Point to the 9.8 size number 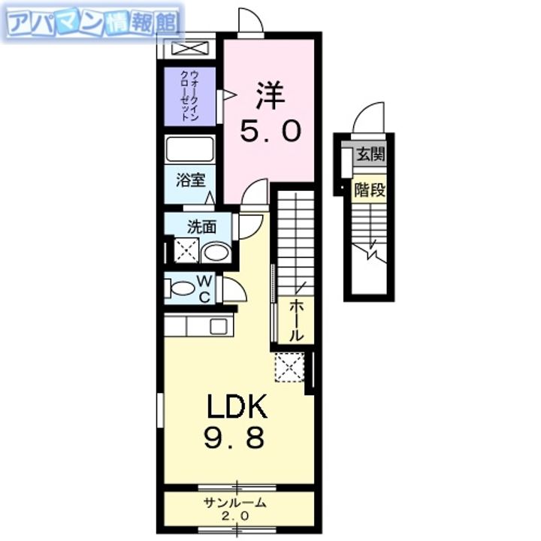[235, 438]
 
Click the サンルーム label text [234, 503]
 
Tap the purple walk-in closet [192, 96]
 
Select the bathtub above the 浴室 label [190, 149]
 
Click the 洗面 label [201, 225]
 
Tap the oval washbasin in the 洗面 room [216, 252]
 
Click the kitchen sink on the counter [219, 326]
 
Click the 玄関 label [370, 155]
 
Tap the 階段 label [370, 190]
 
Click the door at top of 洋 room [250, 21]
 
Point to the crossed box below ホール [288, 366]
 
